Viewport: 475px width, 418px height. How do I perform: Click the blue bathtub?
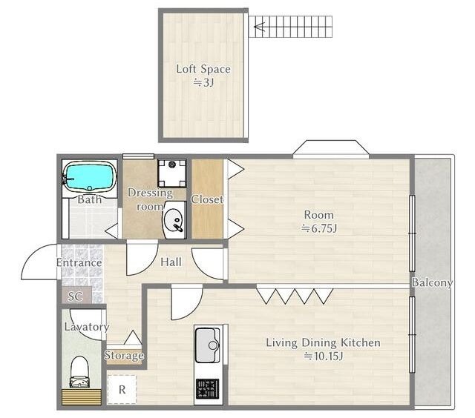point(89,176)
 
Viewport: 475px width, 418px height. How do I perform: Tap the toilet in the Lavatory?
point(80,372)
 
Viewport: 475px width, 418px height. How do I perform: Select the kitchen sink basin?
point(208,345)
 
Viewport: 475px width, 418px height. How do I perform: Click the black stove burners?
point(208,388)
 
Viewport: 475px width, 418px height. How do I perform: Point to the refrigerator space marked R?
point(122,390)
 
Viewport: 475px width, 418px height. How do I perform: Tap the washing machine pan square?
point(172,173)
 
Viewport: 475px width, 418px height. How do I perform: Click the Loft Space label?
point(203,69)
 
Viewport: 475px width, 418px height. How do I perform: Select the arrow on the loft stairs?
point(260,27)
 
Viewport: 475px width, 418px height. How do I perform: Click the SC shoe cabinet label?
point(75,296)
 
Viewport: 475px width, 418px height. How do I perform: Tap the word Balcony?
point(432,282)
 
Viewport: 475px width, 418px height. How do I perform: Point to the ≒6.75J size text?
point(319,228)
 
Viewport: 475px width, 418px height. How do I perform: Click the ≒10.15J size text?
point(324,356)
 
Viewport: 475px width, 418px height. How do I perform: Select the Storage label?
point(124,355)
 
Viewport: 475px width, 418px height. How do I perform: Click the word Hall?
point(171,262)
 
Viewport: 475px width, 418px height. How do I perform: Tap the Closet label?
point(207,199)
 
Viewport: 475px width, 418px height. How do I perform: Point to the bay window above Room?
point(331,149)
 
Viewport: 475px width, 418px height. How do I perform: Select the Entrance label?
point(79,262)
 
